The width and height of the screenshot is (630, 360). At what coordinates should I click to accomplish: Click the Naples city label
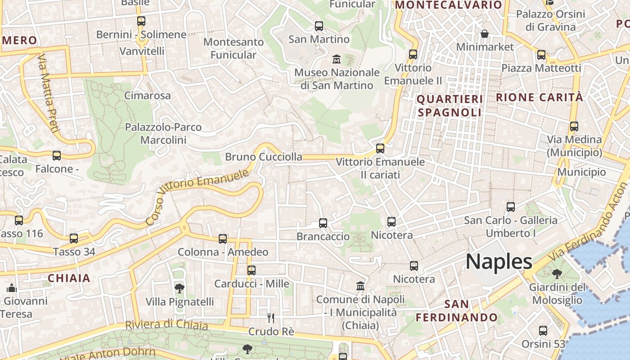click(499, 261)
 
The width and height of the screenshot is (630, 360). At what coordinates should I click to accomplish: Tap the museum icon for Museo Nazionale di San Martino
click(336, 59)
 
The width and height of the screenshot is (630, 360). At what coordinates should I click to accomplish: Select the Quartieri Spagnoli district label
click(450, 105)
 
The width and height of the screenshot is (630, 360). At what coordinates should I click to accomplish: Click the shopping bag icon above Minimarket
click(485, 34)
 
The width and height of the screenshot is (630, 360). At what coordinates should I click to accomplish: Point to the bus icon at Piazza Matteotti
click(541, 55)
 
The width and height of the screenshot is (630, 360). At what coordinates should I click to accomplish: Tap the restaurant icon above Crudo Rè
click(270, 318)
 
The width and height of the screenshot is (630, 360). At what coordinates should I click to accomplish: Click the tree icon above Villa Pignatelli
click(180, 288)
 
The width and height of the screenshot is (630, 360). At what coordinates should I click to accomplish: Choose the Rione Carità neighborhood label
click(539, 97)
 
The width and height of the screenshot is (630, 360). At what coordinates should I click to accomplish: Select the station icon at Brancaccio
click(323, 223)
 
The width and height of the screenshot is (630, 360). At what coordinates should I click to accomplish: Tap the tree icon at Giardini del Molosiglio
click(557, 274)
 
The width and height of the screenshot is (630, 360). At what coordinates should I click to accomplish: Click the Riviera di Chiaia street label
click(166, 325)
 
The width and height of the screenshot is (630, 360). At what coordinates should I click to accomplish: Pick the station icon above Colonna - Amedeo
click(223, 238)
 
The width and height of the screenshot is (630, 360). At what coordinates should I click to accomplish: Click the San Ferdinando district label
click(456, 311)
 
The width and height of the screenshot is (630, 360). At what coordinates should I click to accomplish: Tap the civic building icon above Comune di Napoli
click(360, 286)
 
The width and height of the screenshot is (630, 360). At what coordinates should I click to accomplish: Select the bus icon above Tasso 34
click(74, 238)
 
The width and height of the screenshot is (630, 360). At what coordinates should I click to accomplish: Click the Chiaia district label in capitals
click(69, 278)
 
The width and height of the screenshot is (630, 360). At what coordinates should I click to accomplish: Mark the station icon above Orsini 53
click(543, 331)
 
